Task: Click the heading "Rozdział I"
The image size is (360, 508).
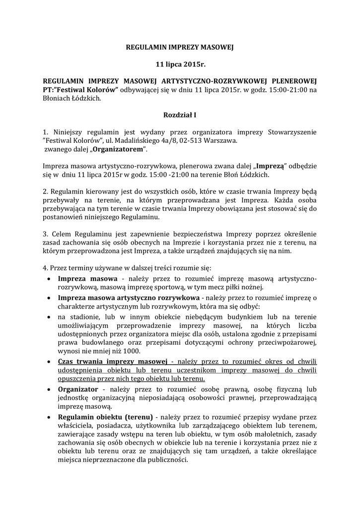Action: click(180, 115)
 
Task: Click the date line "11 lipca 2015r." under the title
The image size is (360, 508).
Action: click(180, 64)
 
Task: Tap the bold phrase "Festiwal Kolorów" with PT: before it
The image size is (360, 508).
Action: click(87, 90)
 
